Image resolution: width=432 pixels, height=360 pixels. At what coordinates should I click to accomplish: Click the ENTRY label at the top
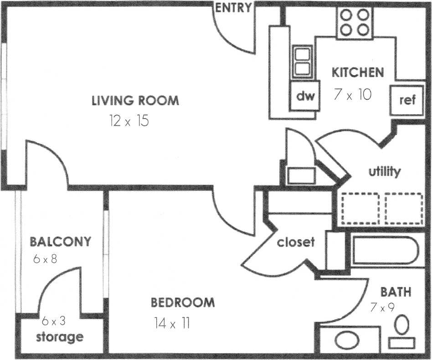233,7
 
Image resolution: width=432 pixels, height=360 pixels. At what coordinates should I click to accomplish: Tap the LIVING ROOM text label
135,101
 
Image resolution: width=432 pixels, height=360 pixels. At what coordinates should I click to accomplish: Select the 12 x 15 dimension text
129,121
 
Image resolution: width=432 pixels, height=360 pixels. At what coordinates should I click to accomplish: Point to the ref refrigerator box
407,100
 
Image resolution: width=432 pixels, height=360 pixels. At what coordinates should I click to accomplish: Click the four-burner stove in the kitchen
355,23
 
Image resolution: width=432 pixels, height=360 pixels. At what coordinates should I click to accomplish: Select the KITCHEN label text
357,72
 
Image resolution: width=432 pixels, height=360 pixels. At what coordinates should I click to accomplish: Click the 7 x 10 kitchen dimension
353,94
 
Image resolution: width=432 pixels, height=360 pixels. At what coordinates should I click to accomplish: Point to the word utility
385,172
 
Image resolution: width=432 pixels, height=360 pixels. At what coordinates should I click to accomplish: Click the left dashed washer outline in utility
360,209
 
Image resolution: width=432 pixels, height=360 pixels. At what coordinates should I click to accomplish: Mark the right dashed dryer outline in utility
404,209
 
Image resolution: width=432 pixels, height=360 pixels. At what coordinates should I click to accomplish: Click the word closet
296,242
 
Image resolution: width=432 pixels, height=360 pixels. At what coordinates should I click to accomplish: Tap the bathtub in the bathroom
384,251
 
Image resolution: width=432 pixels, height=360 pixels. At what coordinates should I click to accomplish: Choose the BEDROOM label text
183,302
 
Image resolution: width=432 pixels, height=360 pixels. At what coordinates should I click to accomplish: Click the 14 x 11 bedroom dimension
172,324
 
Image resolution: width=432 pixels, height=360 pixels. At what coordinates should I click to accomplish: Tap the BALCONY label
61,241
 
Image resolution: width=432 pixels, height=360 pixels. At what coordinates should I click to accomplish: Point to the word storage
60,337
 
